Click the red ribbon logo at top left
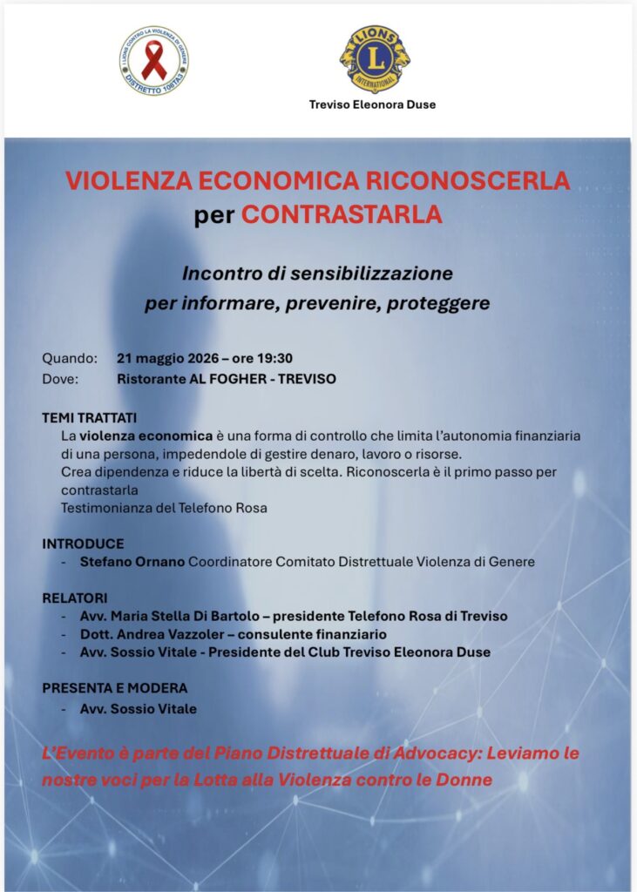coord(154,60)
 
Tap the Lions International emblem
coord(375,57)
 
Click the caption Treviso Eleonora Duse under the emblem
coord(372,105)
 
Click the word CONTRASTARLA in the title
coord(342,215)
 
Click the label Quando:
coord(70,358)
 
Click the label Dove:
coord(60,379)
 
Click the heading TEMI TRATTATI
coord(89,417)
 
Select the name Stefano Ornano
coord(132,562)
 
